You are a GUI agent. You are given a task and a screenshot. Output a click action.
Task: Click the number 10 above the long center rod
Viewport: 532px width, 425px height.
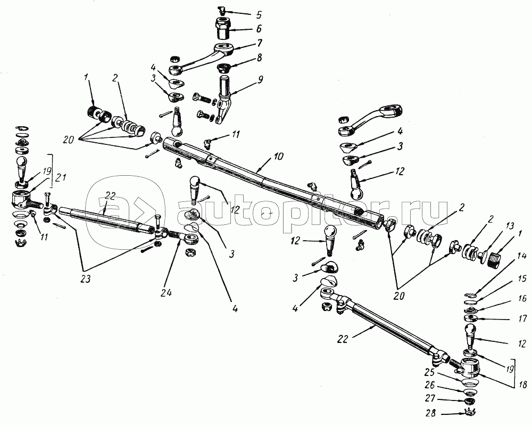pyautogui.click(x=279, y=157)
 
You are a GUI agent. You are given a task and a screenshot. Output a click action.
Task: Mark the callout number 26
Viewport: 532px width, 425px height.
pyautogui.click(x=429, y=385)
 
